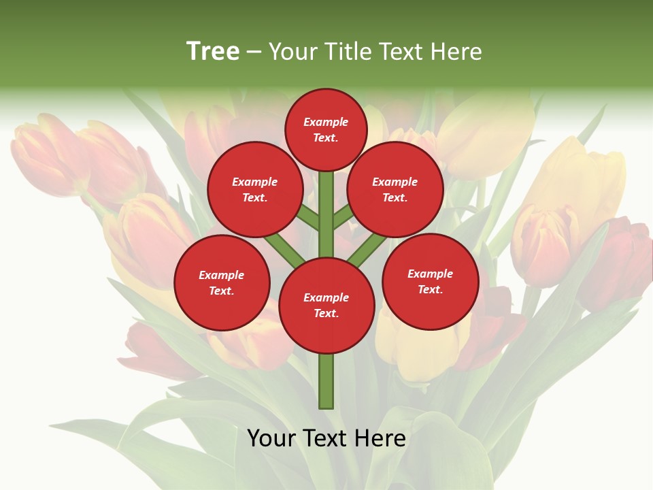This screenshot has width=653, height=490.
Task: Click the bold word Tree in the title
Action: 213,51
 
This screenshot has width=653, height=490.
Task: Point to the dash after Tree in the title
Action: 254,52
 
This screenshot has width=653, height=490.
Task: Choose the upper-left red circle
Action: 254,189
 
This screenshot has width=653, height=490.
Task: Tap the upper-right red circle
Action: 395,189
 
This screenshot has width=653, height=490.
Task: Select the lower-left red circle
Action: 222,282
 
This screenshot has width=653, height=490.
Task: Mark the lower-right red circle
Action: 431,281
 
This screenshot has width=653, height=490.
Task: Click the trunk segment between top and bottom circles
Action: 326,214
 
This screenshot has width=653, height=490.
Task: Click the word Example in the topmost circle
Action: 326,122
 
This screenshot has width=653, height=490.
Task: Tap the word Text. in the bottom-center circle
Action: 326,313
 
